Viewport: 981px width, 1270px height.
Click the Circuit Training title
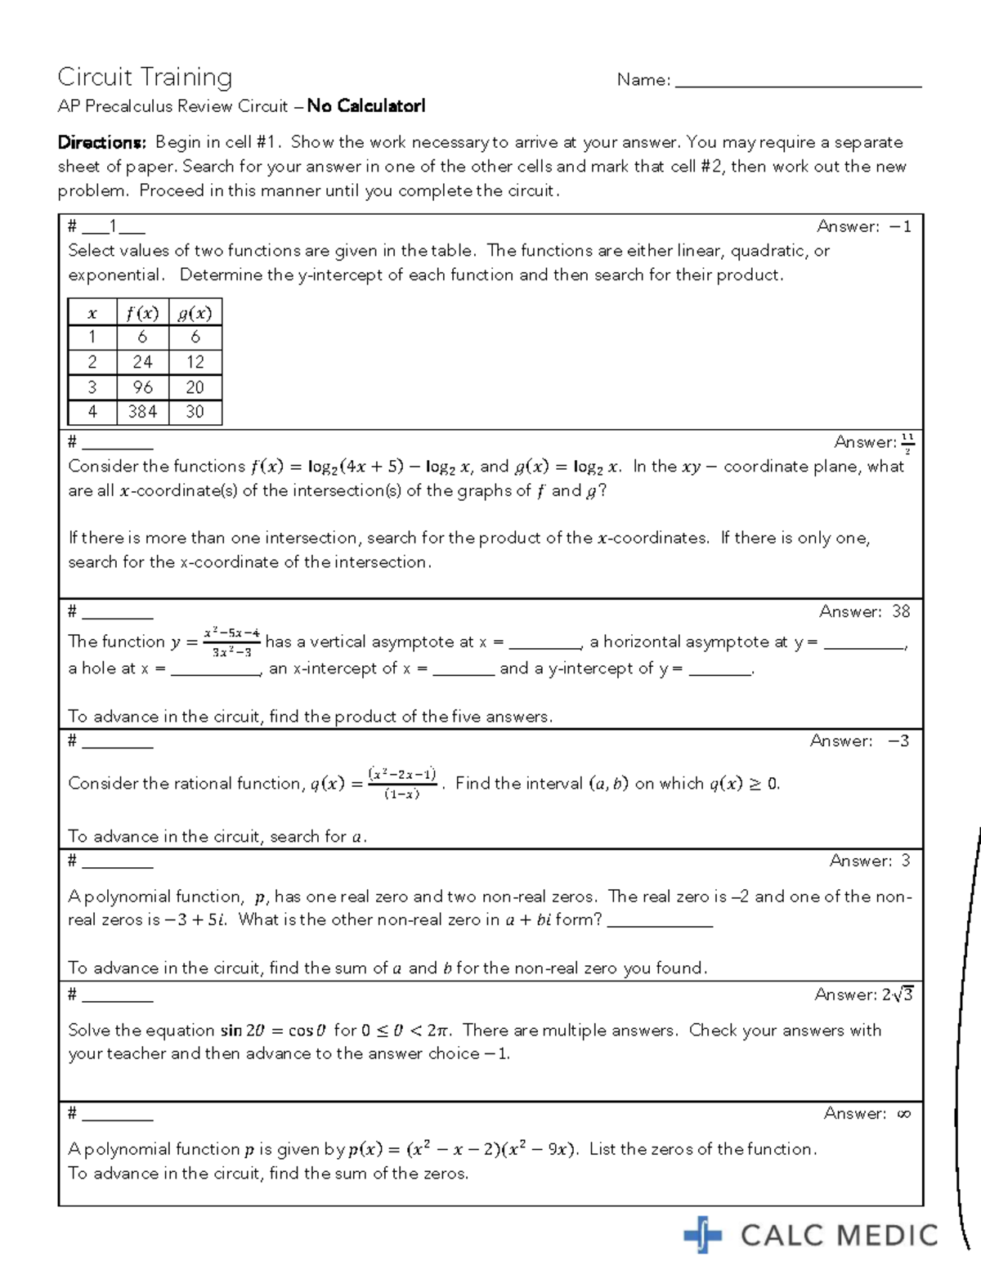[x=145, y=77]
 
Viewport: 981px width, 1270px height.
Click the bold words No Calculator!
[x=366, y=106]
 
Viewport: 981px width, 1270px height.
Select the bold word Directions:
[x=102, y=142]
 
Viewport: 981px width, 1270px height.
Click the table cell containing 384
[x=142, y=412]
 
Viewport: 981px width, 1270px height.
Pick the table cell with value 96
[x=142, y=387]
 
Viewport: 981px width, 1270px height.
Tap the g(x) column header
[x=195, y=313]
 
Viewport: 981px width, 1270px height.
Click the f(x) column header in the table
[x=142, y=313]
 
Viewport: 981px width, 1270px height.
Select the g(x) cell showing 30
[x=195, y=412]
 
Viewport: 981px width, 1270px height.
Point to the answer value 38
[x=901, y=611]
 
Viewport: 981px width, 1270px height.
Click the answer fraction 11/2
[x=907, y=443]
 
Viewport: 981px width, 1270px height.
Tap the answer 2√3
[x=897, y=995]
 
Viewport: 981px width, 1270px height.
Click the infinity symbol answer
[x=903, y=1114]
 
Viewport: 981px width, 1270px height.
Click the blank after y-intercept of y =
[x=719, y=669]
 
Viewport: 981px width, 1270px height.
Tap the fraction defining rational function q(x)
[x=402, y=783]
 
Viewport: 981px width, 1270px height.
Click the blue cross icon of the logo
[x=702, y=1234]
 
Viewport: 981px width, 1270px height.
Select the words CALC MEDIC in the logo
[x=839, y=1236]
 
